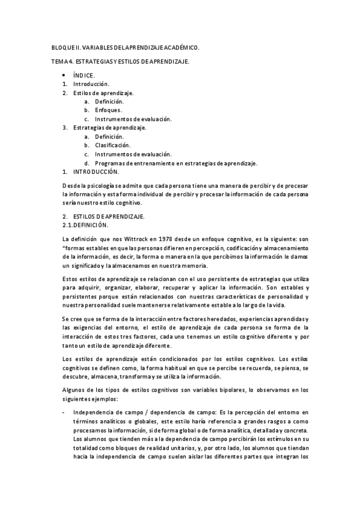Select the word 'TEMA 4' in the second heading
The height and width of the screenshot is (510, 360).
tap(61, 63)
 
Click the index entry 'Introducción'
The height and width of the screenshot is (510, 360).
tap(91, 84)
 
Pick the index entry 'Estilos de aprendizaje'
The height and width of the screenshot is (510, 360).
tap(103, 93)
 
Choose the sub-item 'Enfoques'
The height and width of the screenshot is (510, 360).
tap(108, 110)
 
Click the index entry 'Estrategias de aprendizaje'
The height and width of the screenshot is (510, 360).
tap(109, 127)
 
